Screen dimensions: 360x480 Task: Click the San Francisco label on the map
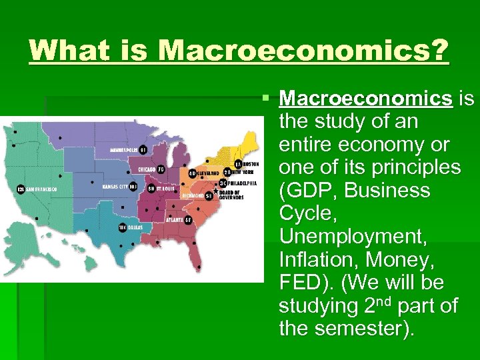[x=41, y=189]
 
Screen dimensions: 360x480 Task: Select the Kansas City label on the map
[x=115, y=187]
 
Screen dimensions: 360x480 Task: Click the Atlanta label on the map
[x=175, y=219]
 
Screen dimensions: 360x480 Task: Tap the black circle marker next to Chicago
[x=160, y=169]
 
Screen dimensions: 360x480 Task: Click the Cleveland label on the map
[x=208, y=173]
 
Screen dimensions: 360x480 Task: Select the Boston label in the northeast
[x=251, y=163]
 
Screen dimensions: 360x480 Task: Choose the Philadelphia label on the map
[x=243, y=183]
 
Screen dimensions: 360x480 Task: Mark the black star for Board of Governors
[x=215, y=191]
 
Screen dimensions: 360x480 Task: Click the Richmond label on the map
[x=193, y=196]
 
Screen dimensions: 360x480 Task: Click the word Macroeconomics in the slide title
[x=303, y=51]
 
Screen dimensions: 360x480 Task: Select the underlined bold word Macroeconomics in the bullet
[x=366, y=99]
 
